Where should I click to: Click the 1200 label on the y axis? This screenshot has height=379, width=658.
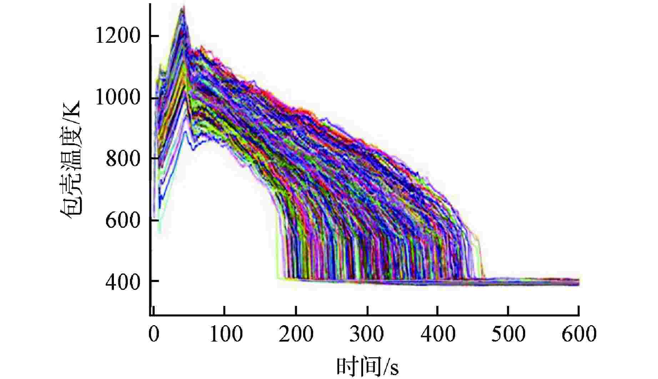[x=117, y=36]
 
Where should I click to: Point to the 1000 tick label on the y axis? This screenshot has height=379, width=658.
[x=117, y=98]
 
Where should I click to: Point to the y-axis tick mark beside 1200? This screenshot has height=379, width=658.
[x=153, y=36]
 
